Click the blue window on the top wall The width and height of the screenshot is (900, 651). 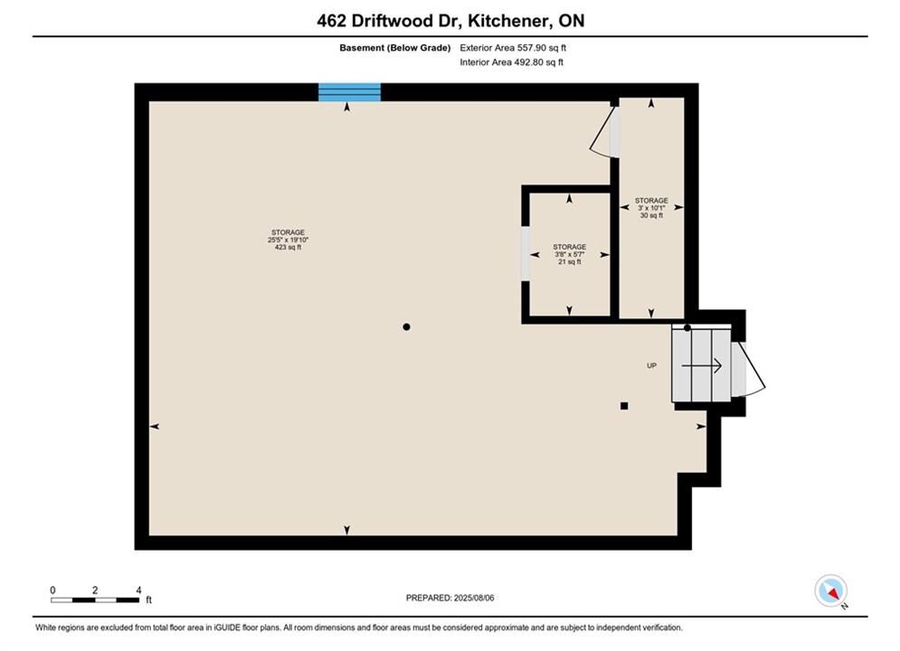349,91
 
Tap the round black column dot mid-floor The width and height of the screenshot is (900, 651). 406,327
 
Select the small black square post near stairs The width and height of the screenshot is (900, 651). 624,406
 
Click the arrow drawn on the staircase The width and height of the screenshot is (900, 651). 701,365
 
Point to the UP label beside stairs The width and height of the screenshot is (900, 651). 651,365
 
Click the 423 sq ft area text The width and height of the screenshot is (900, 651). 289,247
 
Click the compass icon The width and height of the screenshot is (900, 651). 830,590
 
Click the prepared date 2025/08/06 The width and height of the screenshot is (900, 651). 474,598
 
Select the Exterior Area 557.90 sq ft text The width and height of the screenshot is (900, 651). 513,48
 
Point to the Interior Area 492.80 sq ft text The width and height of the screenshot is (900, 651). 511,62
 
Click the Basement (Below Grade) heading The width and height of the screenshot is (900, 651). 395,48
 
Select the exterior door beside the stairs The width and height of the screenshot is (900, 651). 749,370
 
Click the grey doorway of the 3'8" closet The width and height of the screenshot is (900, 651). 526,254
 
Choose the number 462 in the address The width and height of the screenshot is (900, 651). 331,21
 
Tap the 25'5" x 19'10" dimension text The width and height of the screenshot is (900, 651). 289,240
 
